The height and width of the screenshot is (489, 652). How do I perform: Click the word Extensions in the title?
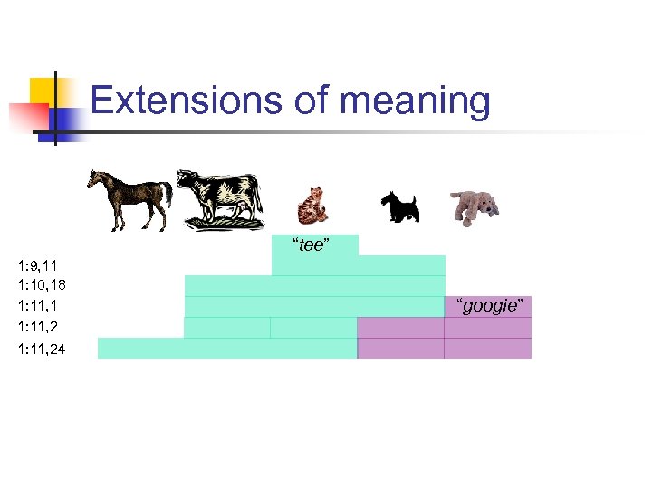185,101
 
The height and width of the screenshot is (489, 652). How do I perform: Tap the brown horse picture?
129,198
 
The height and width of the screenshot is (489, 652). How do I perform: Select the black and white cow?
219,197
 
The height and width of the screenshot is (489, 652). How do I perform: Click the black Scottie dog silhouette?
398,206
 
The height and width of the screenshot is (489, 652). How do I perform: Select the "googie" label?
489,306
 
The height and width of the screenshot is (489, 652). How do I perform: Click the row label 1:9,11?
37,265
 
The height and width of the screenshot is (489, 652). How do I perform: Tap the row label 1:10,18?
42,285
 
